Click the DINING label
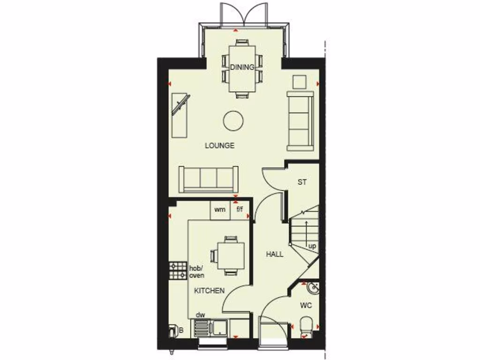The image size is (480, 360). pyautogui.click(x=242, y=67)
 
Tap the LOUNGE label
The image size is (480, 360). pyautogui.click(x=219, y=145)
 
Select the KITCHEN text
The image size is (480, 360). pyautogui.click(x=210, y=291)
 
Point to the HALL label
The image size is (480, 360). pyautogui.click(x=275, y=254)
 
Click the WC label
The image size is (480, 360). pyautogui.click(x=306, y=306)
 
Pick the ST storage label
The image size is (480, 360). pyautogui.click(x=302, y=182)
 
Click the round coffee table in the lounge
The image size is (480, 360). pyautogui.click(x=233, y=121)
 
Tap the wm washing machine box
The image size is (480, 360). pyautogui.click(x=220, y=210)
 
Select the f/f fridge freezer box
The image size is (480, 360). pyautogui.click(x=240, y=210)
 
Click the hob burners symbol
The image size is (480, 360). pyautogui.click(x=178, y=270)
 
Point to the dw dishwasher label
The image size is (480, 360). pyautogui.click(x=201, y=315)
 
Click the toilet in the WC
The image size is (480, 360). pyautogui.click(x=306, y=325)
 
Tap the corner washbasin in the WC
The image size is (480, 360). pyautogui.click(x=313, y=287)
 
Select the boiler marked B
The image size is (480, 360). pyautogui.click(x=175, y=331)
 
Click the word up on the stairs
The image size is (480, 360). pyautogui.click(x=312, y=246)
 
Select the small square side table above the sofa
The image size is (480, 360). pyautogui.click(x=299, y=82)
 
